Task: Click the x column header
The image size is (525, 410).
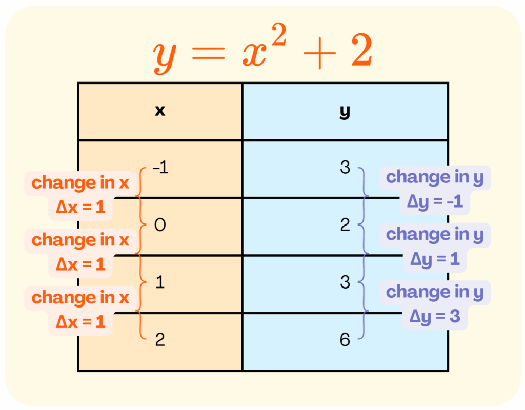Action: [x=160, y=111]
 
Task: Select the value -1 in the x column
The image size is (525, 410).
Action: [x=160, y=168]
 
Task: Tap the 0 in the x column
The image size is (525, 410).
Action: [x=160, y=225]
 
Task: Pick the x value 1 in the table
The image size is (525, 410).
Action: [x=160, y=282]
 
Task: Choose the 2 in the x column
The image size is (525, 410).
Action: [x=160, y=339]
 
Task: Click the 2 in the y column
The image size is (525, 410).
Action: [x=345, y=225]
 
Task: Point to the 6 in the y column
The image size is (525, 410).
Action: [x=345, y=339]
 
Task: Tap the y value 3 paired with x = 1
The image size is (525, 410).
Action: [x=345, y=282]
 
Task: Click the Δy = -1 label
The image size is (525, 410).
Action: [x=435, y=202]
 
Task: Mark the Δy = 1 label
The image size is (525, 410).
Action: [x=435, y=260]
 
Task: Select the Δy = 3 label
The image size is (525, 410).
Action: [x=435, y=317]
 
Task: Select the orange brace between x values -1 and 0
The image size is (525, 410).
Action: [x=140, y=196]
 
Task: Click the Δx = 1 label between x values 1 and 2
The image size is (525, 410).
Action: [x=80, y=322]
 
